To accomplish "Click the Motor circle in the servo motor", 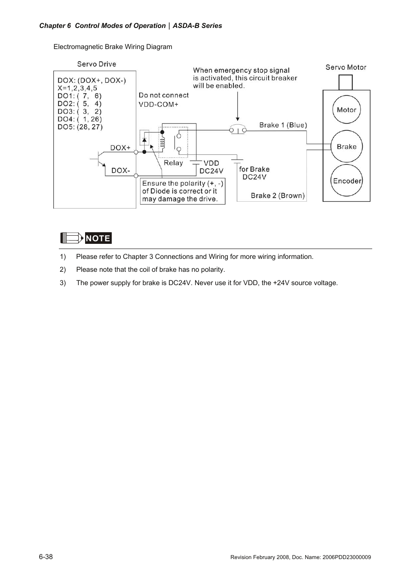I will click(x=346, y=110).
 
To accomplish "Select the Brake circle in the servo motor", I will click(x=346, y=146).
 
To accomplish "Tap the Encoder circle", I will click(x=346, y=181).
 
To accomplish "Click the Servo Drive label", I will click(x=97, y=64).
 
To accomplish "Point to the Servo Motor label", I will click(x=346, y=67).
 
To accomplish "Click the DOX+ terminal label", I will click(x=120, y=148).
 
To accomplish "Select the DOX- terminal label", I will click(x=121, y=170).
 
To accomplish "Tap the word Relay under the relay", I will click(x=173, y=163).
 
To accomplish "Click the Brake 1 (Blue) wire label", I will click(x=283, y=125).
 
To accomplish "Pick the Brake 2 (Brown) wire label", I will click(x=278, y=195).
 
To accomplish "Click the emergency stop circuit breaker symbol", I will click(x=238, y=129).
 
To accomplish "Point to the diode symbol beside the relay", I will click(x=145, y=140).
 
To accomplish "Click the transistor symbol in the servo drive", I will click(x=100, y=159).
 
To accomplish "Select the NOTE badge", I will click(x=98, y=238).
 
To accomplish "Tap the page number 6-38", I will click(x=46, y=556).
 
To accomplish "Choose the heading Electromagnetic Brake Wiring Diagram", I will click(x=113, y=46).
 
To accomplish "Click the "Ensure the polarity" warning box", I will click(x=183, y=191).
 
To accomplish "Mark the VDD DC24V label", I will click(x=211, y=167).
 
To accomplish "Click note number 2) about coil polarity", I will click(x=150, y=270).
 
